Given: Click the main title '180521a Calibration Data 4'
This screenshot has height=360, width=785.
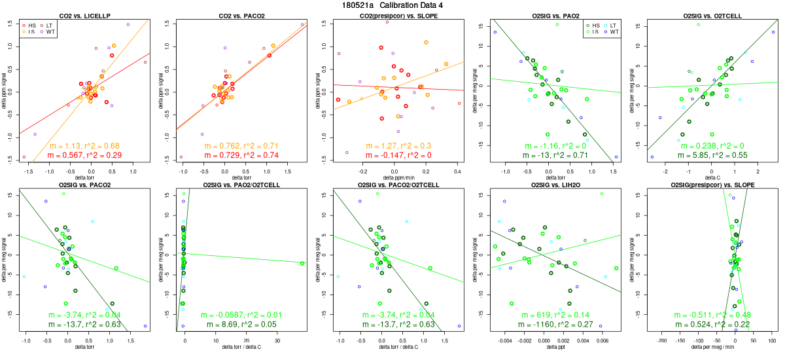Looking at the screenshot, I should coord(392,5).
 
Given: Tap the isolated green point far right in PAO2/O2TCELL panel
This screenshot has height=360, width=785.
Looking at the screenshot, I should coord(303,263).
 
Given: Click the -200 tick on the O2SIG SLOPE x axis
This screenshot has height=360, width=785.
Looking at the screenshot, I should coord(662,341).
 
